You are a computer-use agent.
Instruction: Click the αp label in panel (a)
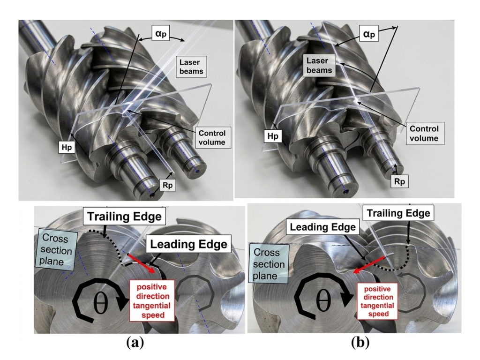[161, 33]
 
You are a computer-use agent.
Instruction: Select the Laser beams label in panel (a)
[191, 67]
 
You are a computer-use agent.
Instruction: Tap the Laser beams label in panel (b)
[319, 66]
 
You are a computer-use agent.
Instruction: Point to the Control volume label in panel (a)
[212, 138]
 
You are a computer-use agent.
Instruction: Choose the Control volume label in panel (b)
[424, 134]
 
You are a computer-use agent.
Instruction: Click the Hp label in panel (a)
[67, 148]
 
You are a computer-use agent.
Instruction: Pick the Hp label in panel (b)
[273, 136]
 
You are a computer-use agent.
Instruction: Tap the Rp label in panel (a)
[167, 186]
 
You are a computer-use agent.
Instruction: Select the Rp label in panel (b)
[399, 182]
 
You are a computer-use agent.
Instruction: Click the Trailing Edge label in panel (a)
[124, 217]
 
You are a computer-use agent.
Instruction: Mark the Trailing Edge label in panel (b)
[398, 213]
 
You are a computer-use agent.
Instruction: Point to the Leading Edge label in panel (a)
[188, 244]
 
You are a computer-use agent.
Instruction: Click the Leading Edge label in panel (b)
[323, 227]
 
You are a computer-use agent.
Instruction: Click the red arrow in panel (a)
[143, 262]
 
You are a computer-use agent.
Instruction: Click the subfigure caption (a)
[135, 342]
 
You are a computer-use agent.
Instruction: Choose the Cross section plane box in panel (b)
[269, 264]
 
